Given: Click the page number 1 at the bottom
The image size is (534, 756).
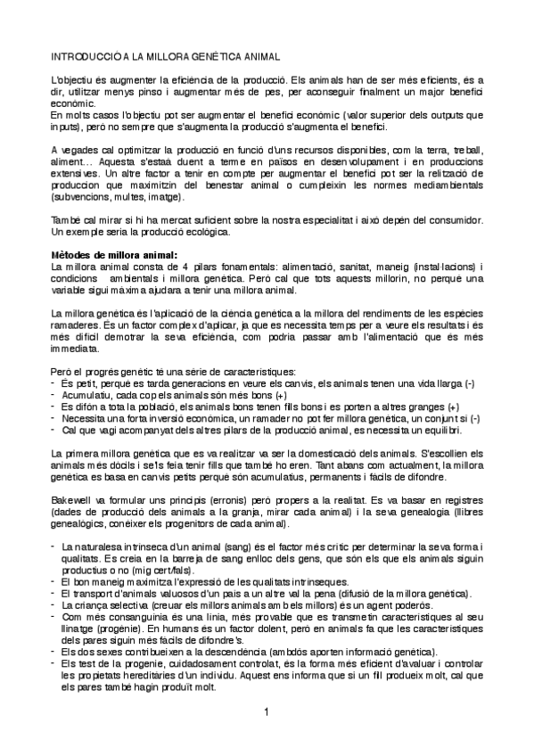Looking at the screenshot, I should pyautogui.click(x=266, y=711).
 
